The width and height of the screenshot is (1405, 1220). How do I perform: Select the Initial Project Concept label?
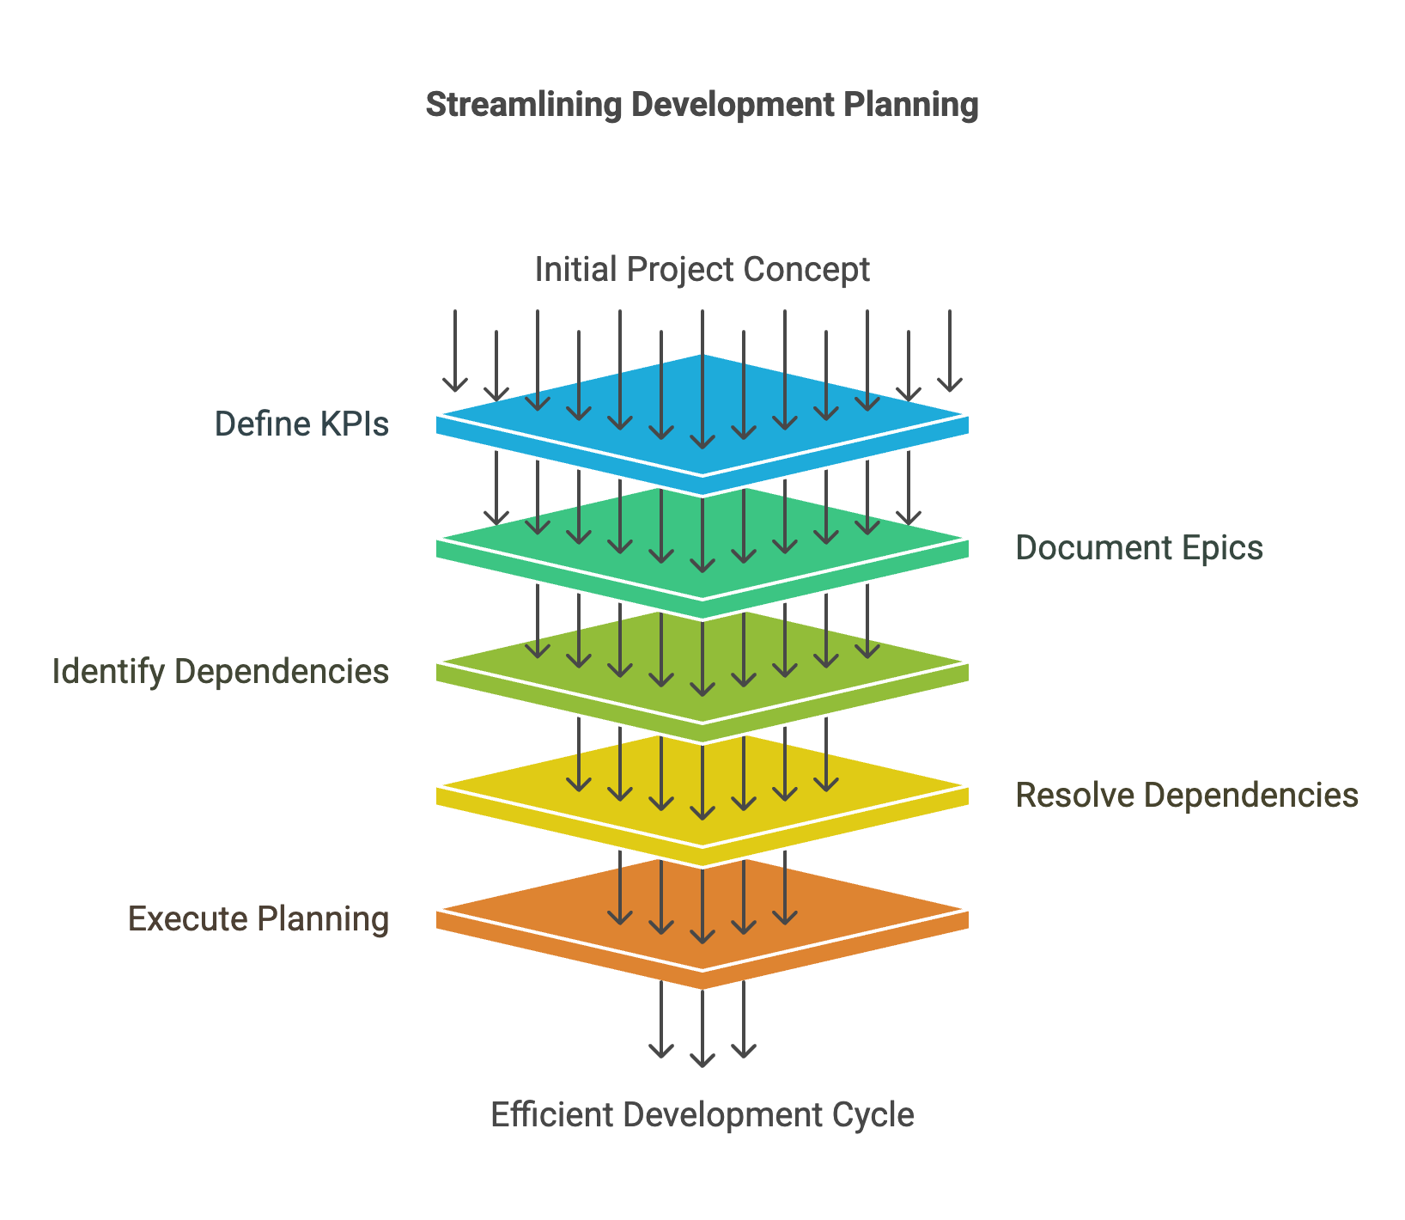[x=702, y=269]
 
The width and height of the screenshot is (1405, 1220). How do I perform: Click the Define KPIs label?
[x=301, y=424]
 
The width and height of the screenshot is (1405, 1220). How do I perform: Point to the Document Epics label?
[x=1139, y=547]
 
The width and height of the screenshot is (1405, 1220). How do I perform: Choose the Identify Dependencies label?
[x=221, y=671]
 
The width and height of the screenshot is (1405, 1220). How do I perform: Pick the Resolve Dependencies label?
[x=1187, y=795]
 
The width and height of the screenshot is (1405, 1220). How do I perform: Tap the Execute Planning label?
[x=258, y=918]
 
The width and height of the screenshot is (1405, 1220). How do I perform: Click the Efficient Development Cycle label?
[x=702, y=1114]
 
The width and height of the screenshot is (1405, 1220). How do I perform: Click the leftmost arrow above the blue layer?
[x=455, y=352]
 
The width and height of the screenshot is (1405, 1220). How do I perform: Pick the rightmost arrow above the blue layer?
[x=950, y=352]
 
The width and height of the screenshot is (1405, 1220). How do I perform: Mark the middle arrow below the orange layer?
[x=702, y=1031]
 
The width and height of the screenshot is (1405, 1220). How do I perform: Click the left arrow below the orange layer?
[x=661, y=1022]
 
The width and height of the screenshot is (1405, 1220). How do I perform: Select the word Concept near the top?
[x=806, y=269]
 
